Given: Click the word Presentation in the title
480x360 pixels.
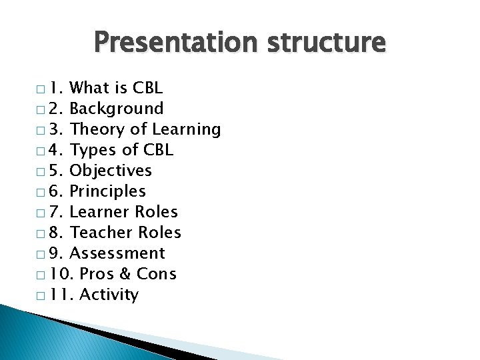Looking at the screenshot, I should [173, 43].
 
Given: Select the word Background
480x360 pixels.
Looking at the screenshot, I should [117, 109].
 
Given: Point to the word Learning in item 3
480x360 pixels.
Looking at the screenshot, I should [187, 129].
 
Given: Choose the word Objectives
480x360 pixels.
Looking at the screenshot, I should [111, 171].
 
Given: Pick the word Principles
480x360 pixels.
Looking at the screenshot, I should [107, 191].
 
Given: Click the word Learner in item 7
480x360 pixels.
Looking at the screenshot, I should [96, 212].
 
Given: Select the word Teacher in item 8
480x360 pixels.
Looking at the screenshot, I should [97, 233].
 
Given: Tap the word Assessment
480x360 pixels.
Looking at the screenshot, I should [117, 253].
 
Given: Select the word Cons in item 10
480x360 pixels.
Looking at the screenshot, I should [157, 274].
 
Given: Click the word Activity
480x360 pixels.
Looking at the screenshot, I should [109, 295].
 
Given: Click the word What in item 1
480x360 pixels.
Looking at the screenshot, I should [90, 88].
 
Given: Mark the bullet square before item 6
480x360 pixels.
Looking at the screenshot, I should [41, 192].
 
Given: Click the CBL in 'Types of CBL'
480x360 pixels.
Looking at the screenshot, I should [159, 150].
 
